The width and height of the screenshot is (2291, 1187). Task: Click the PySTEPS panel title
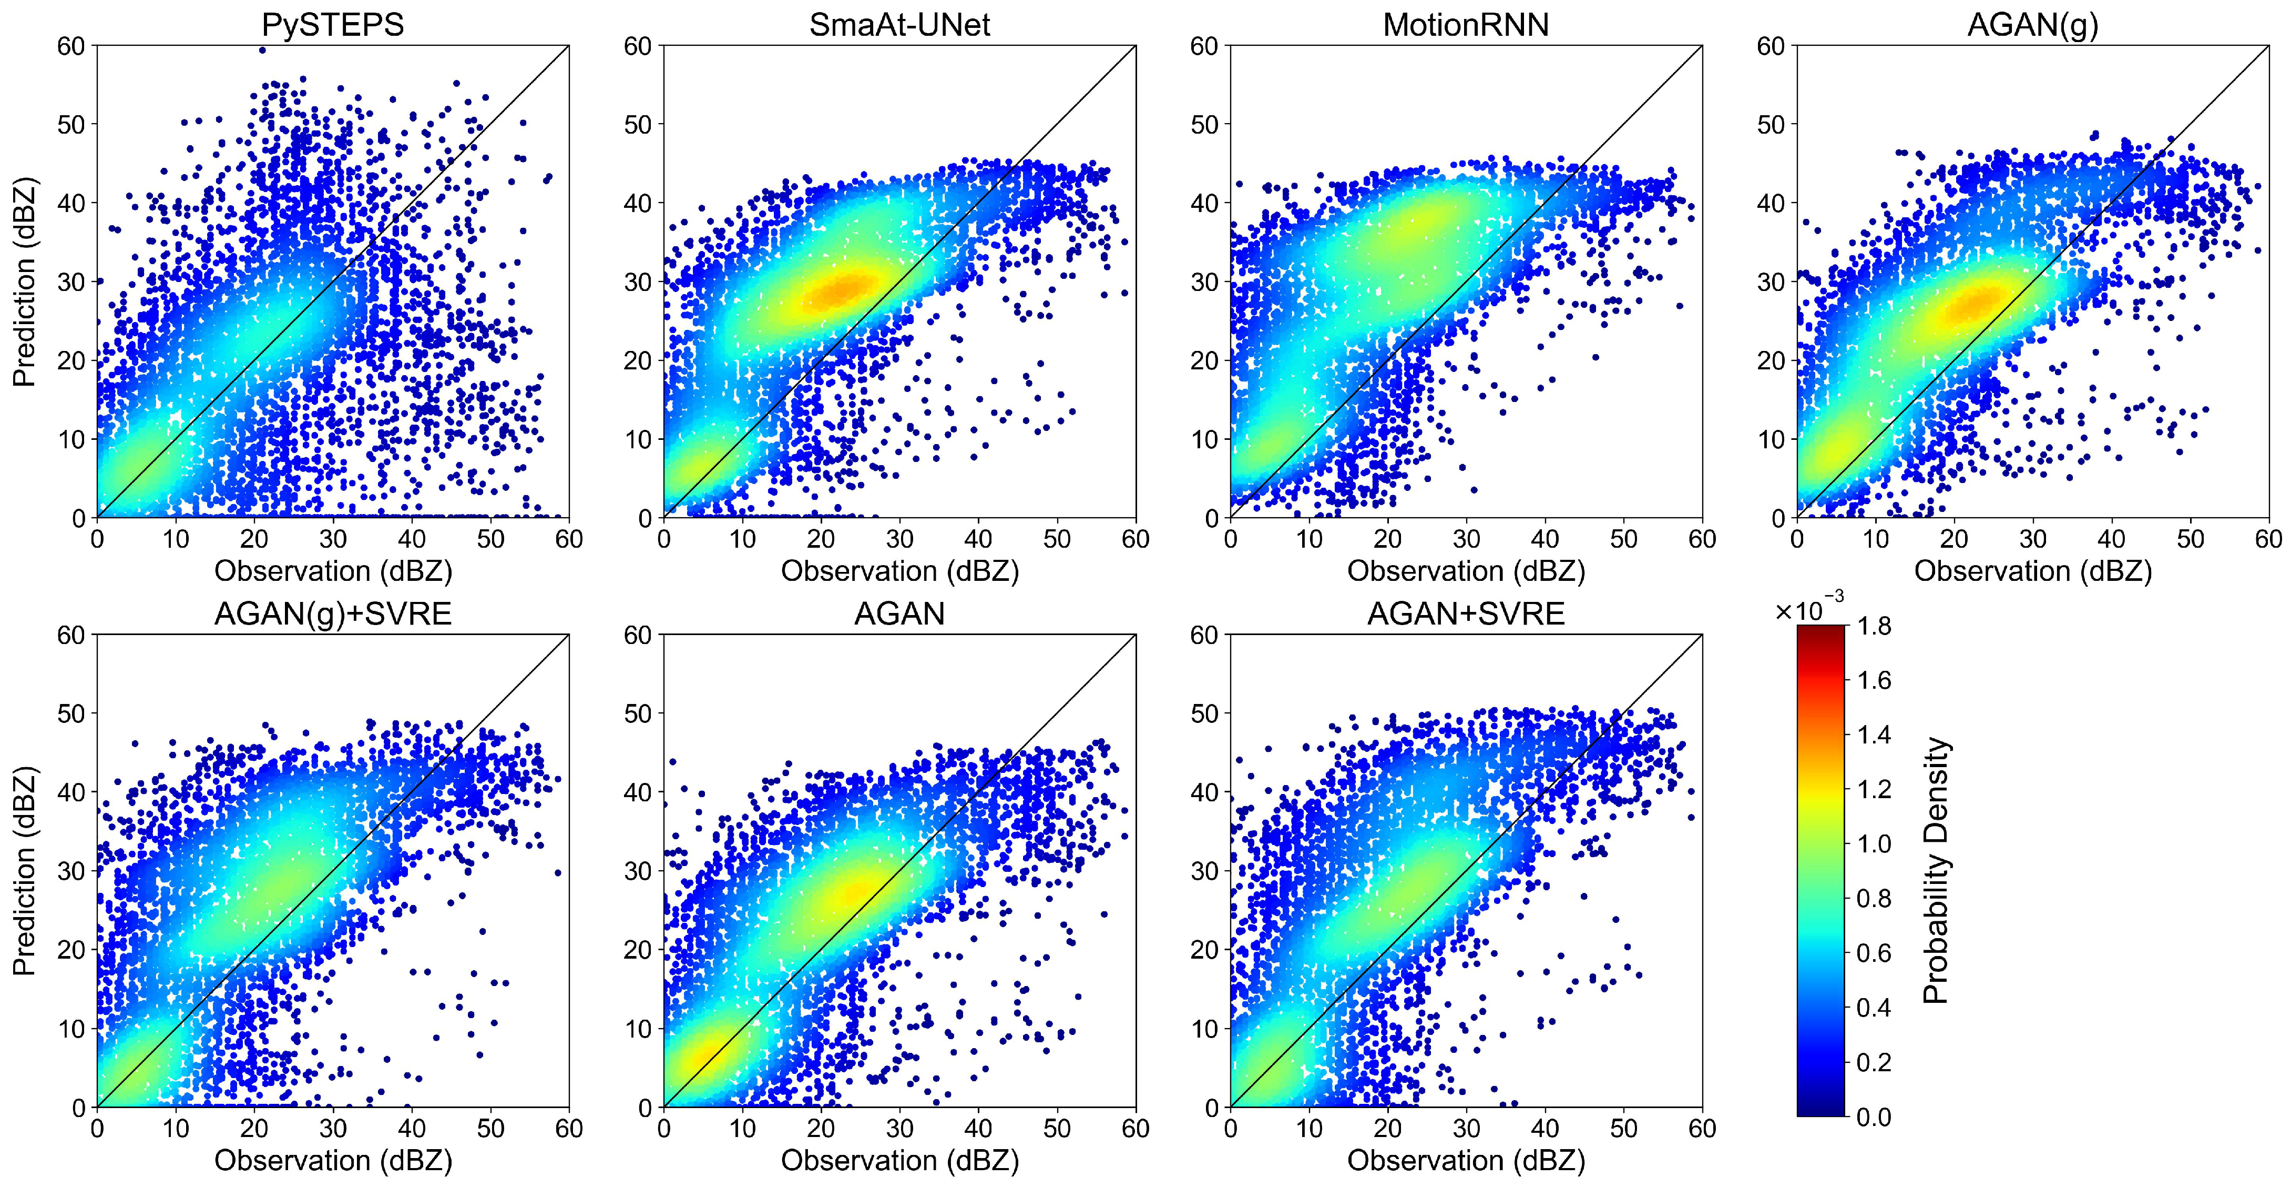pyautogui.click(x=333, y=24)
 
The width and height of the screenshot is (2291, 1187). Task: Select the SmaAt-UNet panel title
pyautogui.click(x=899, y=24)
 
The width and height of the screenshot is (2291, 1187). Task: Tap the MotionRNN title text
pyautogui.click(x=1466, y=24)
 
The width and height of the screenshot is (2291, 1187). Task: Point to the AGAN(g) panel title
pyautogui.click(x=2032, y=24)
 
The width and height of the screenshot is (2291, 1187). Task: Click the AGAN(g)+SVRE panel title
pyautogui.click(x=333, y=614)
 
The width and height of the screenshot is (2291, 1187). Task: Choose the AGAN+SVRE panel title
pyautogui.click(x=1466, y=614)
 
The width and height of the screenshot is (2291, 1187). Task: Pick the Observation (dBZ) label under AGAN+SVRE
pyautogui.click(x=1466, y=1160)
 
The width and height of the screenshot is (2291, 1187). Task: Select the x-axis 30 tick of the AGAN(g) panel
pyautogui.click(x=2033, y=539)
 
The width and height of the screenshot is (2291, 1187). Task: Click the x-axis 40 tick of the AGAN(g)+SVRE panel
pyautogui.click(x=412, y=1128)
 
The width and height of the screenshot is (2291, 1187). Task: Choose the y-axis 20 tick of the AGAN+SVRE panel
pyautogui.click(x=1205, y=949)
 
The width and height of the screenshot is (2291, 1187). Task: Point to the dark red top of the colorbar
pyautogui.click(x=1820, y=632)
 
